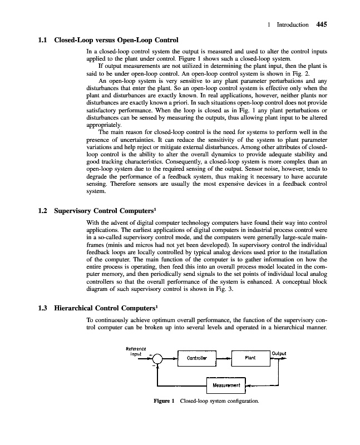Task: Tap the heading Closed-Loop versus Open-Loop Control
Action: click(116, 40)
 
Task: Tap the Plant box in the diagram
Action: click(250, 358)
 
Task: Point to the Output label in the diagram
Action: click(279, 353)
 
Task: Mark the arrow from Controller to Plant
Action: click(222, 359)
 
